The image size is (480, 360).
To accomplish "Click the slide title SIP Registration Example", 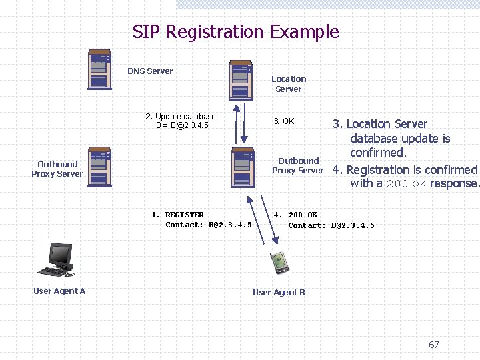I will point(235,32).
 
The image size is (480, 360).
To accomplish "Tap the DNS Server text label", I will point(150,71).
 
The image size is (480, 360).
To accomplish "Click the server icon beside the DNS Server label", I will point(99,69).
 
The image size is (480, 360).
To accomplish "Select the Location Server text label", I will point(289,84).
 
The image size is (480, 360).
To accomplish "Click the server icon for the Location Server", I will point(241,80).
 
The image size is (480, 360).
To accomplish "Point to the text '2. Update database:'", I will point(181,117).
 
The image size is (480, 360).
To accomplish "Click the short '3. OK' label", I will point(284,121).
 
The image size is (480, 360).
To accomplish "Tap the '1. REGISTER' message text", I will point(178,215).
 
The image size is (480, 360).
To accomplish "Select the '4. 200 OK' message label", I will point(295,215).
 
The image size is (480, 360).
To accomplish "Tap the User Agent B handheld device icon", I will point(279,263).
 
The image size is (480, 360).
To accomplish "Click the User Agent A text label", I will point(59,291).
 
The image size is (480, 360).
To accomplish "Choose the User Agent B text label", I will point(279,293).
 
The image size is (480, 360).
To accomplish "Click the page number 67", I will point(434,345).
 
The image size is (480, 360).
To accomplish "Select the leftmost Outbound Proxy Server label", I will point(57,169).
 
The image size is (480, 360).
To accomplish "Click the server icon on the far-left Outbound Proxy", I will point(99,166).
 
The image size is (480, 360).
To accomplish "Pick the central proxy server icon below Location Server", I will point(242,167).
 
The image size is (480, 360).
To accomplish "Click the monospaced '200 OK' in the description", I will point(406,184).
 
